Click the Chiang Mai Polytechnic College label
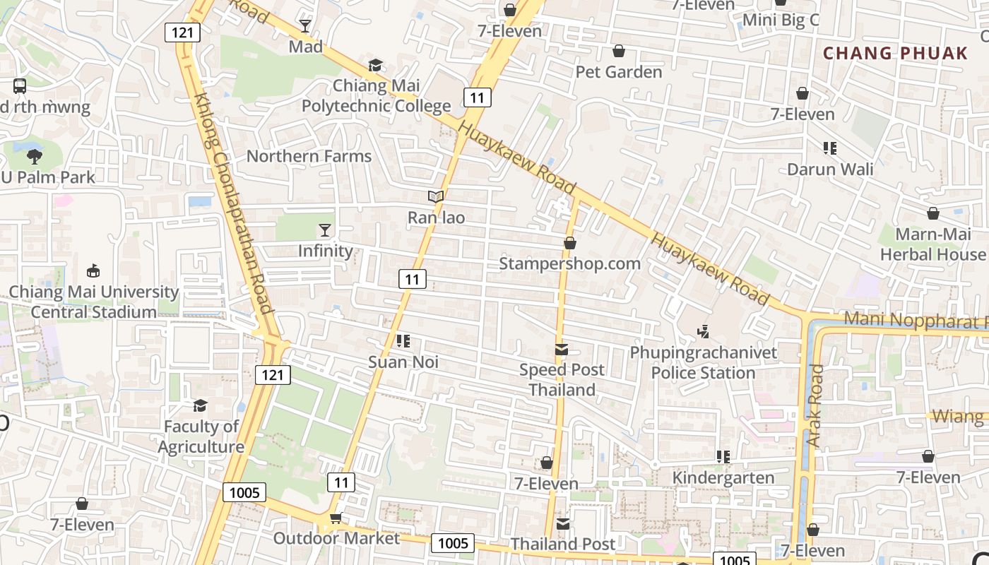(376, 96)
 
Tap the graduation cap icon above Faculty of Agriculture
(201, 405)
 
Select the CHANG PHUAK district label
(895, 53)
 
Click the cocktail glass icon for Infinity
(324, 230)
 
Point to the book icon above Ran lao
(436, 196)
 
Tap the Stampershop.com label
(569, 263)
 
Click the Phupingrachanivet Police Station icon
(703, 331)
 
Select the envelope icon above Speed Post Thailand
(562, 349)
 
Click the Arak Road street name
(815, 406)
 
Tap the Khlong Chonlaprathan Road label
(232, 205)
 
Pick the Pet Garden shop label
(619, 72)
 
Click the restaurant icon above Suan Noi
(403, 342)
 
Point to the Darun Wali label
(830, 169)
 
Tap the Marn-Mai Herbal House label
(932, 244)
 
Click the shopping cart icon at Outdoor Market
(336, 518)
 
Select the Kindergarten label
(723, 478)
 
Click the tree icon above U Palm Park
(34, 157)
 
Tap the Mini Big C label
(780, 20)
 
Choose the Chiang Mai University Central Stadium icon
(93, 270)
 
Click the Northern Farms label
(309, 157)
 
